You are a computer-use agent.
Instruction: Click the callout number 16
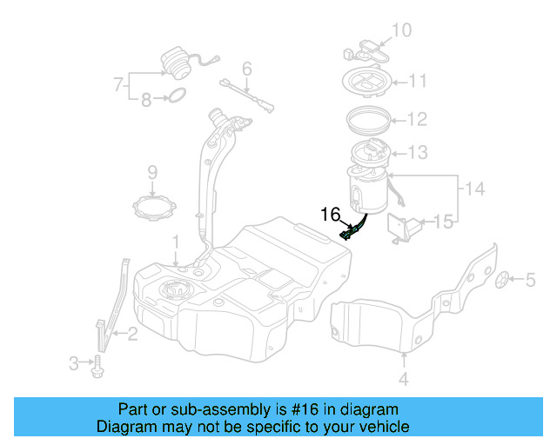[331, 214]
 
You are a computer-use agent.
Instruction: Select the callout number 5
[530, 279]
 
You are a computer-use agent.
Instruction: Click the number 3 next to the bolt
[74, 361]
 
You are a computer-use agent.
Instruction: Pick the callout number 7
[117, 85]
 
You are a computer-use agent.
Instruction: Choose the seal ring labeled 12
[369, 117]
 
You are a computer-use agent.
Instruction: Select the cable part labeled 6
[247, 96]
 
